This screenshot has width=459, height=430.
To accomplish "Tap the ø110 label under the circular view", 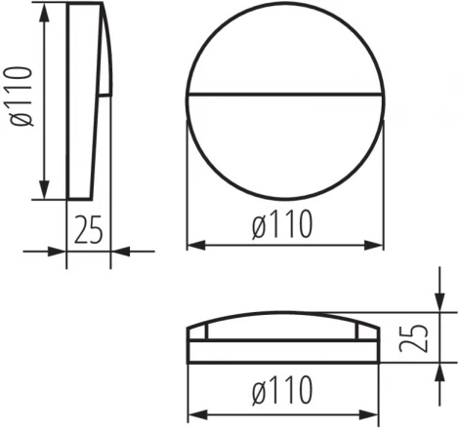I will (282, 226).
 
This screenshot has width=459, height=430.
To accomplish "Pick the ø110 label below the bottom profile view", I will (282, 391).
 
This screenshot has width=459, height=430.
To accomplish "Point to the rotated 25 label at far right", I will (418, 337).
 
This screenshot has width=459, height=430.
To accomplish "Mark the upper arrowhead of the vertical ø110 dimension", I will (44, 12).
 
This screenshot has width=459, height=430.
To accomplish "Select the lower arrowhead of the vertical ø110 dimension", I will (44, 191).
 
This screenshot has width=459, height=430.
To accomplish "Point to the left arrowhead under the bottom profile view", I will (194, 410).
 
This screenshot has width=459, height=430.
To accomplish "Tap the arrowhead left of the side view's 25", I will (59, 252).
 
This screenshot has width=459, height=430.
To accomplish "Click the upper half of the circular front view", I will (283, 54).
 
